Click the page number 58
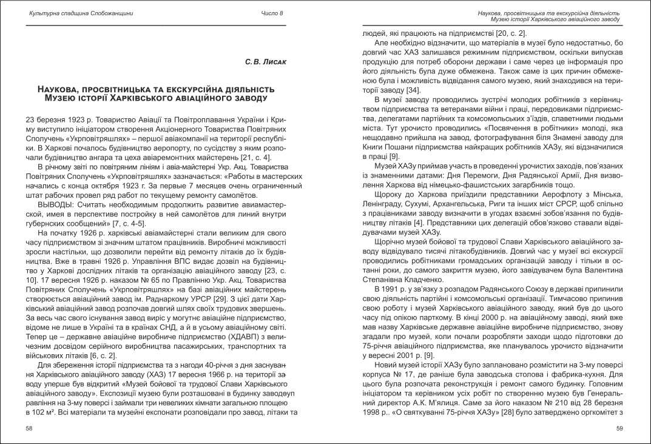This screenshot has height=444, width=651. (29, 429)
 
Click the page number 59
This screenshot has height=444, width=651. (619, 429)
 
